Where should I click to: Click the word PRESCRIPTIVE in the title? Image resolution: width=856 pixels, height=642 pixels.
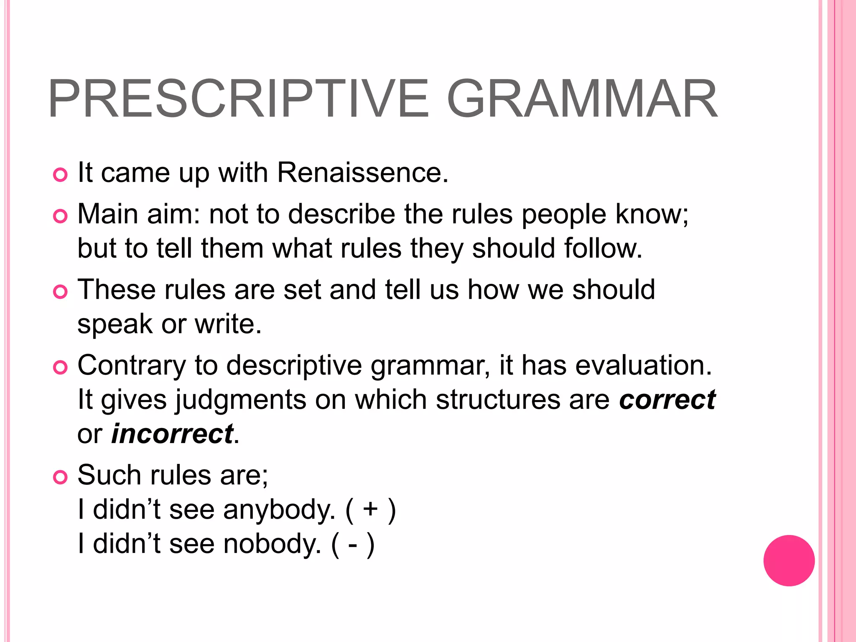pos(239,99)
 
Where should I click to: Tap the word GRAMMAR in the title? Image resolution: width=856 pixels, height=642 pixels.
pos(582,99)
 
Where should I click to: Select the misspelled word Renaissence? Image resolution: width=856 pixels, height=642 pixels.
pos(362,172)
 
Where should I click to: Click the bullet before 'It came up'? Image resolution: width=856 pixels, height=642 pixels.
pos(61,175)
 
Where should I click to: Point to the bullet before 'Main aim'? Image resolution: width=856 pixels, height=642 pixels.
pos(61,217)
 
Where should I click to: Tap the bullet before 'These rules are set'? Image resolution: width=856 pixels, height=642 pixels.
pos(61,292)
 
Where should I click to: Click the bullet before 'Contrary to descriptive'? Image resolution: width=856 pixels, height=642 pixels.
pos(61,368)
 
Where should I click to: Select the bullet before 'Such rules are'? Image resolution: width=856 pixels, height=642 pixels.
pos(61,477)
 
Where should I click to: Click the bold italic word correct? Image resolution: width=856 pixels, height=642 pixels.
pos(667,400)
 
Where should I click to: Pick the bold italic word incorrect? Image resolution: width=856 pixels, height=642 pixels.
pos(172,434)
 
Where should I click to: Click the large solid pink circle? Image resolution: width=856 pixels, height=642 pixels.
pos(789,560)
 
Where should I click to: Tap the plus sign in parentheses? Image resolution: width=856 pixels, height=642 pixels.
pos(370,510)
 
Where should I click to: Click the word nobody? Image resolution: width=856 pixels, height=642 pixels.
pos(272,544)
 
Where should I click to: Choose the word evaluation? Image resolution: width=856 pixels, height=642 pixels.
pos(643,365)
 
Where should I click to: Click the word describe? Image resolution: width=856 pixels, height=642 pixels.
pos(341,214)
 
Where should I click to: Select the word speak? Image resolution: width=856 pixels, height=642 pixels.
pos(115,324)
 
